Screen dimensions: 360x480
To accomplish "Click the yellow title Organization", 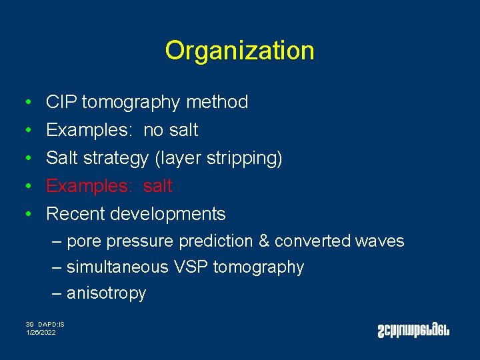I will (239, 51).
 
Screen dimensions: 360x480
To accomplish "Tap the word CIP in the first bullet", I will (61, 102).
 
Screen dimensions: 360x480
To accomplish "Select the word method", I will (217, 102).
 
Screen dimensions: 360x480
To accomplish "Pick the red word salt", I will (158, 186).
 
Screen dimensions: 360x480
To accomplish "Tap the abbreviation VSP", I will (189, 267).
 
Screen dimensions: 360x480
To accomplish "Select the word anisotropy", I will (106, 293).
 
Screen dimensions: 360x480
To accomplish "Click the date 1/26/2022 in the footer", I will (41, 332).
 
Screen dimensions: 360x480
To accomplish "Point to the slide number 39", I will (30, 324).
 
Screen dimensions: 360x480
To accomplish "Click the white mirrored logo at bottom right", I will (413, 329).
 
